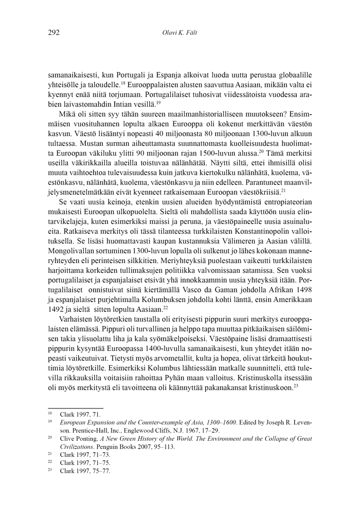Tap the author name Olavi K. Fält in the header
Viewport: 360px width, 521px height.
[179, 33]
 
